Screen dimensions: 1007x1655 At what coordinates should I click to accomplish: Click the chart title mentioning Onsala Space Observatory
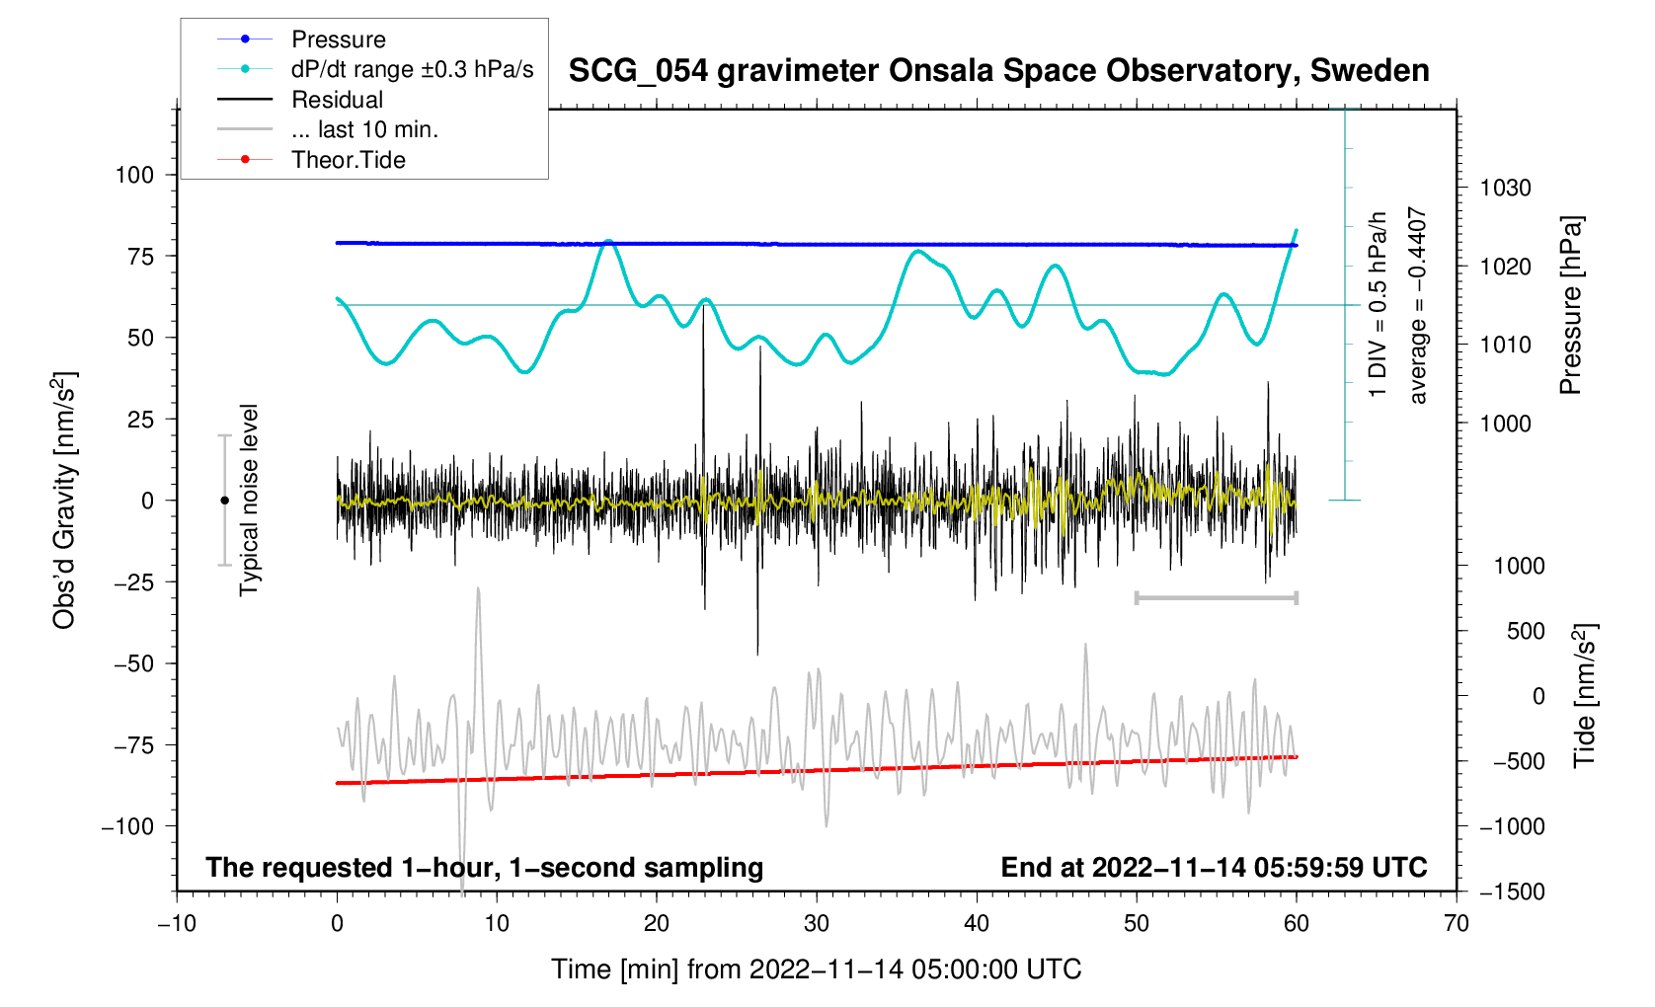click(998, 71)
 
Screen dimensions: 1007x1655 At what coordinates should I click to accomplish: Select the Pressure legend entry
click(338, 39)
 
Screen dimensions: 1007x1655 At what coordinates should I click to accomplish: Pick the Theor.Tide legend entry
click(348, 160)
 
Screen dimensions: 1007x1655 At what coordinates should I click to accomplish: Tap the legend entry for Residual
click(337, 100)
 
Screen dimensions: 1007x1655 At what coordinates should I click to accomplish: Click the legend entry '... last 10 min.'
click(364, 130)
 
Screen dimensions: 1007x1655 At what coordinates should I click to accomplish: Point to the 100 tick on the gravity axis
click(134, 175)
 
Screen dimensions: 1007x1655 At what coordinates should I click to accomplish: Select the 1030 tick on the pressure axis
click(1505, 188)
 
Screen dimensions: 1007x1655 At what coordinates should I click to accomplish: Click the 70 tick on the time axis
click(1456, 924)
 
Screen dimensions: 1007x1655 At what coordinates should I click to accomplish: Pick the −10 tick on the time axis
click(177, 924)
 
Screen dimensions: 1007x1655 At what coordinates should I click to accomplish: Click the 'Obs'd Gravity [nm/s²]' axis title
click(64, 501)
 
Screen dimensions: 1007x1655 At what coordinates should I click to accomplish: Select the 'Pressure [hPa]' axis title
click(1571, 305)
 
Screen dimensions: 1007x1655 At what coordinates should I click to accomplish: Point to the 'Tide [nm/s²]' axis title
click(1586, 695)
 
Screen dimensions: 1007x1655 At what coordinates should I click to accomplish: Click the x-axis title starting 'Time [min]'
click(816, 969)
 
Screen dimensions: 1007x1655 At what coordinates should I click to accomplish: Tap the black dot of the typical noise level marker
click(224, 501)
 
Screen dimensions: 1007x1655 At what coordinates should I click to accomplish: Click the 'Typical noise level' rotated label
click(249, 500)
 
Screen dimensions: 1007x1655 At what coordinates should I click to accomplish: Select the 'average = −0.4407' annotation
click(1418, 305)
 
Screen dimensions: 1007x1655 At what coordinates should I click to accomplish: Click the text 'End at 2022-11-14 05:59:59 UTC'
click(1214, 868)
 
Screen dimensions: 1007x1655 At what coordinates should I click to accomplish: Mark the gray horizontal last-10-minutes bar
click(1216, 597)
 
